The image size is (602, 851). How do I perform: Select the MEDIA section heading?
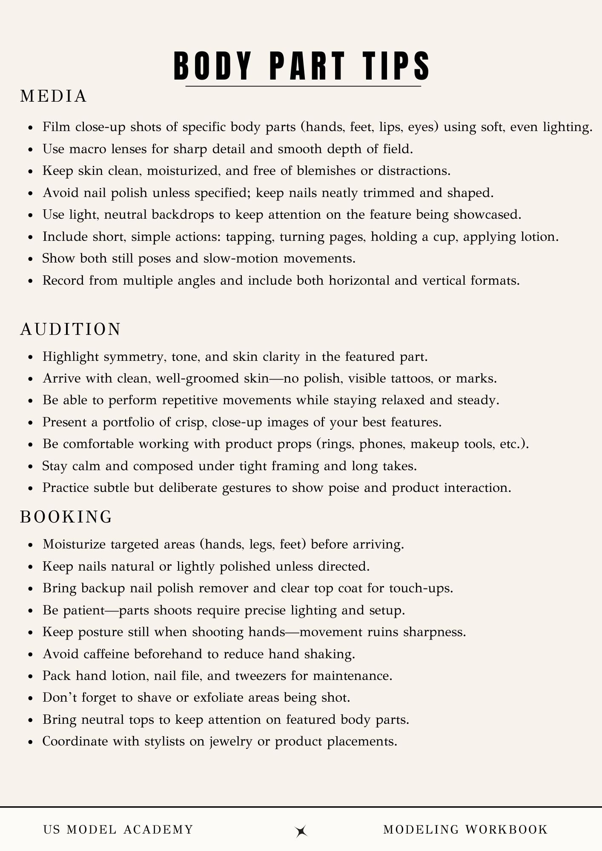(x=54, y=97)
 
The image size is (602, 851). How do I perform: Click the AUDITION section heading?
(x=71, y=330)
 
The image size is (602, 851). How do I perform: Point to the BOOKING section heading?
(x=66, y=517)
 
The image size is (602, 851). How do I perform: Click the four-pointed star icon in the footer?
(x=301, y=831)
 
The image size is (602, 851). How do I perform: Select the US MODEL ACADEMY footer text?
(x=118, y=829)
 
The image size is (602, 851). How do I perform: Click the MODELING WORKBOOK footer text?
(x=465, y=829)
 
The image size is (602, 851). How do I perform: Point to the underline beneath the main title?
(x=303, y=87)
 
